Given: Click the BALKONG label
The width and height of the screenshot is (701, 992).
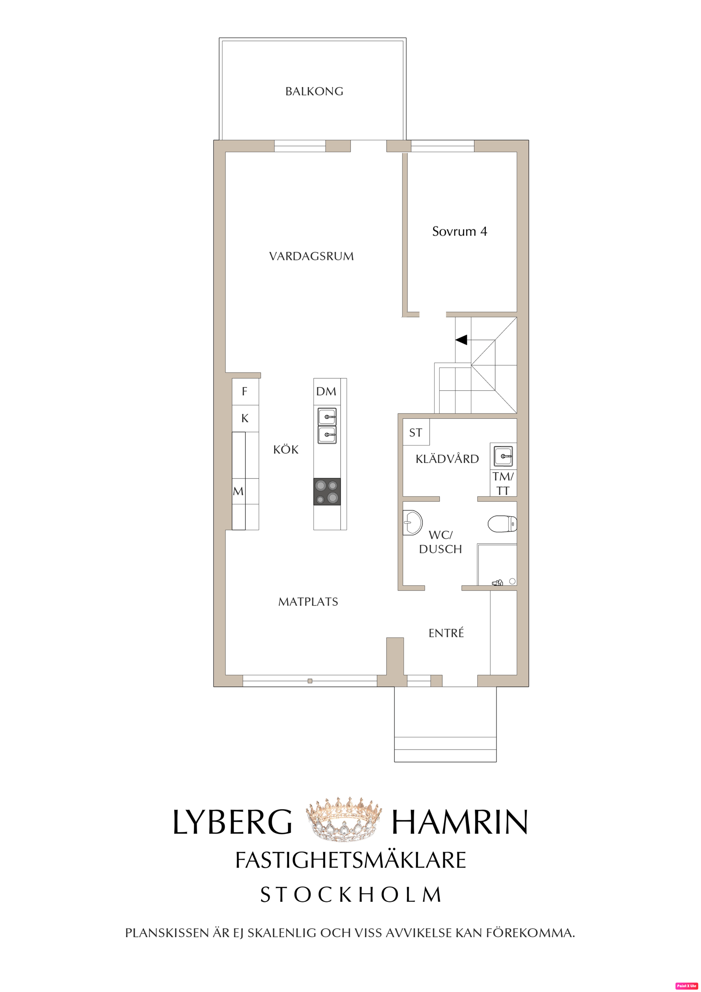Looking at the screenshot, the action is (x=314, y=92).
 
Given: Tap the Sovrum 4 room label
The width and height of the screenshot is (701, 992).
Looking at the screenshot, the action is (x=460, y=232).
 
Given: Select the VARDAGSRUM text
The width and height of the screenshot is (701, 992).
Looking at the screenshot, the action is (x=311, y=256).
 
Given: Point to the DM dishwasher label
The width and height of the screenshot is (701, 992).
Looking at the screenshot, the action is (x=326, y=392).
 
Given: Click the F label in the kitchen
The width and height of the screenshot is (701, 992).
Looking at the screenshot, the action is (x=245, y=392).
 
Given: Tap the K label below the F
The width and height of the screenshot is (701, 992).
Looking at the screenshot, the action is (x=245, y=418).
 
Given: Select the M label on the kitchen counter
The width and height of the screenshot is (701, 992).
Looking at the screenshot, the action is (x=238, y=491).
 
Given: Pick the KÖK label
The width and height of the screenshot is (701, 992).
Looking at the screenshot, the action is (x=286, y=450).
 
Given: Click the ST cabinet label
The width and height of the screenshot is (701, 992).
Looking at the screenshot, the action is (x=415, y=432).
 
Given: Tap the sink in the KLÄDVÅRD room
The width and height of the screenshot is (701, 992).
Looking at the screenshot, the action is (x=503, y=455).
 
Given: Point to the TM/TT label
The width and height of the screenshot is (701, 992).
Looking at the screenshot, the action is (x=503, y=484).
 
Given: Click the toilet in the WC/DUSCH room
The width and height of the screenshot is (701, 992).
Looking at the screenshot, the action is (x=502, y=524).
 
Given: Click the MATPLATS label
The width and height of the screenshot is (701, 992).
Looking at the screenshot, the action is (x=308, y=602).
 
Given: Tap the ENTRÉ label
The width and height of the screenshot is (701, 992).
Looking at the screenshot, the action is (x=446, y=633).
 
